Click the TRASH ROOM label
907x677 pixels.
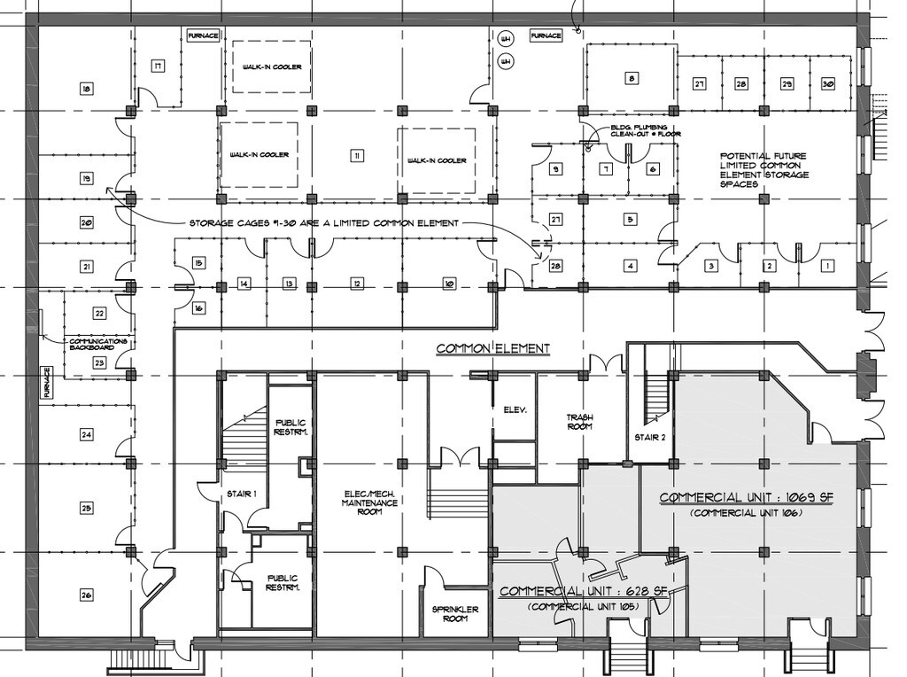pos(579,421)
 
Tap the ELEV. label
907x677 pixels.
pos(516,410)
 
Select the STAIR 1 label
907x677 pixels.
pos(241,494)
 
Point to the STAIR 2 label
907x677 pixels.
pos(648,437)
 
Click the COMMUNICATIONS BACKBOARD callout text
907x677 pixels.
pos(98,345)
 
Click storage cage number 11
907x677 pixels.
pos(356,156)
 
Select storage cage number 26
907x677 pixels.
pos(86,594)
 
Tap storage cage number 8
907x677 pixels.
pos(631,79)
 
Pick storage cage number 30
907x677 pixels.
pos(828,83)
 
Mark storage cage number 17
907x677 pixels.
pos(157,66)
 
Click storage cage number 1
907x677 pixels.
pos(827,265)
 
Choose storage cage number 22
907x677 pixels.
pos(99,313)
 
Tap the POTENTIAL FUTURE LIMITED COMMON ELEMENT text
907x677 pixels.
pos(764,168)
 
